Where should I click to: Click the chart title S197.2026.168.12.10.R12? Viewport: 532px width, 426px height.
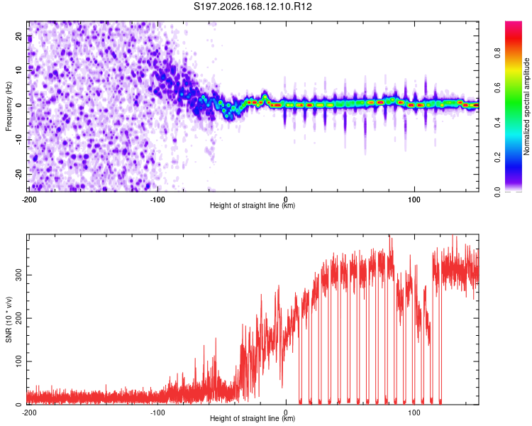(x=253, y=6)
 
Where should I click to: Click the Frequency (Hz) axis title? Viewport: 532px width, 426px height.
(x=9, y=106)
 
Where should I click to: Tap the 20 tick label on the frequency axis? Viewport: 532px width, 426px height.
(x=18, y=36)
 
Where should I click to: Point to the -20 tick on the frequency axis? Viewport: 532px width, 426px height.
(x=18, y=175)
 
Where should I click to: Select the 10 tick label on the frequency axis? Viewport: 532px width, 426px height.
(x=18, y=70)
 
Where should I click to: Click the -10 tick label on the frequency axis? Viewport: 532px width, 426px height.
(x=18, y=140)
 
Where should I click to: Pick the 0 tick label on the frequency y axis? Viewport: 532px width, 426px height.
(x=18, y=105)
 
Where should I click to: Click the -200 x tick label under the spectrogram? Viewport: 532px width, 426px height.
(x=29, y=200)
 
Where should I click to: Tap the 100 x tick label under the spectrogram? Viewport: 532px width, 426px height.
(x=414, y=200)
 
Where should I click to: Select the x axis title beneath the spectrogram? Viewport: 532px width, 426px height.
(x=253, y=205)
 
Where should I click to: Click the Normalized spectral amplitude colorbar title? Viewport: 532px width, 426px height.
(x=526, y=106)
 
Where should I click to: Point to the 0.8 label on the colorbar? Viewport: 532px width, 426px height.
(x=497, y=53)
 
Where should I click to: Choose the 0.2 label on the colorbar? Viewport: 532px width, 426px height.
(x=497, y=158)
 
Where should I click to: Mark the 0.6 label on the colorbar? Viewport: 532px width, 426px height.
(x=497, y=87)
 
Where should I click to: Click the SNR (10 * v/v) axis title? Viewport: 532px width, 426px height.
(x=9, y=319)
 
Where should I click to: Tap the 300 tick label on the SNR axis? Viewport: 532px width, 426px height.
(x=18, y=275)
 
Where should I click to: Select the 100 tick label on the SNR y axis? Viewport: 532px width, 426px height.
(x=18, y=361)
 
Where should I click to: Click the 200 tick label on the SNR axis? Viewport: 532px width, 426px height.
(x=18, y=318)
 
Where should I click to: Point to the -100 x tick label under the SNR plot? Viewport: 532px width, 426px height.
(x=157, y=413)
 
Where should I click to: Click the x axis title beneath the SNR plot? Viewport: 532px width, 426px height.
(x=253, y=418)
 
